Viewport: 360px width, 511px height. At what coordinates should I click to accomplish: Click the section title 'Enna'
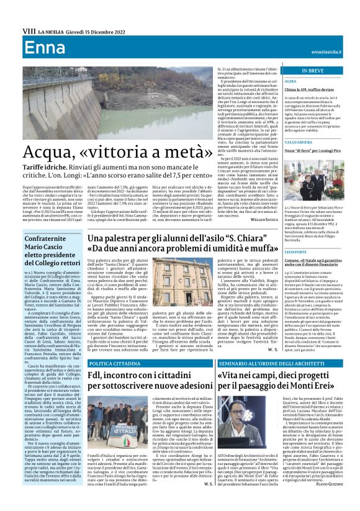[37, 47]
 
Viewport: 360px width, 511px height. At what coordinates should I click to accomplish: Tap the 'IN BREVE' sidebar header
[312, 71]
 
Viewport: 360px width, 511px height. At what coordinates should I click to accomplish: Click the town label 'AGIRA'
[290, 81]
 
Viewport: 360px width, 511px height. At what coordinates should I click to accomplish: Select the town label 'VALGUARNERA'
[299, 142]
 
